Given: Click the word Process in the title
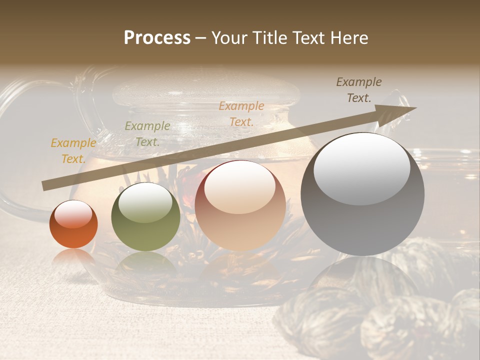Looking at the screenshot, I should [157, 38].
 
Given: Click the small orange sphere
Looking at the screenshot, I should [73, 224].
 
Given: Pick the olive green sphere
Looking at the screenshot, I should [145, 217].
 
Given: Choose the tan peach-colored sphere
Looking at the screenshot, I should [240, 206].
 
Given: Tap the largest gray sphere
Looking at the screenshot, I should [362, 195].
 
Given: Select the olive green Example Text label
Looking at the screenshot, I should [147, 133].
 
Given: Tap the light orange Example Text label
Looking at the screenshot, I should [241, 113].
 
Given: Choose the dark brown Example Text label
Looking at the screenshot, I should [359, 90].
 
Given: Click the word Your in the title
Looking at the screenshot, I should [229, 38].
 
